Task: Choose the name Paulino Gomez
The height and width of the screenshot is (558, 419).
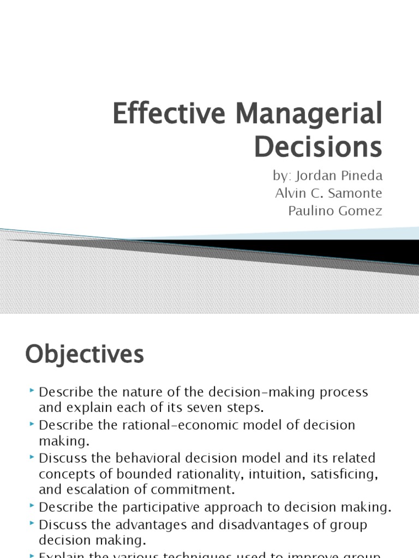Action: tap(335, 211)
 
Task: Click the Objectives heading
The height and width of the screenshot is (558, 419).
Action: tap(85, 355)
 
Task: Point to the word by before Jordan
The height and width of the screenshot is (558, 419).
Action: tap(279, 177)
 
